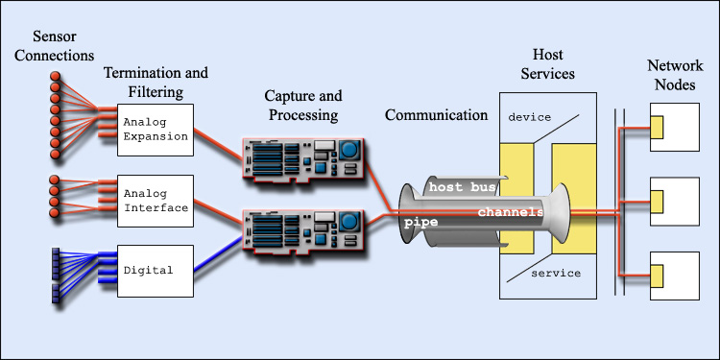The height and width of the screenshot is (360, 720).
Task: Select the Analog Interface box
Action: (x=157, y=201)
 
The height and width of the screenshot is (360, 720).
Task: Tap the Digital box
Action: (x=157, y=271)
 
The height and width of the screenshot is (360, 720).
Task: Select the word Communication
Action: (x=437, y=115)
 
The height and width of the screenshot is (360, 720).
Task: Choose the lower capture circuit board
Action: (x=304, y=235)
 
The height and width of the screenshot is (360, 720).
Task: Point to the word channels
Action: (x=510, y=211)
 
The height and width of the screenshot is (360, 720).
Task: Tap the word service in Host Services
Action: (x=556, y=274)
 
